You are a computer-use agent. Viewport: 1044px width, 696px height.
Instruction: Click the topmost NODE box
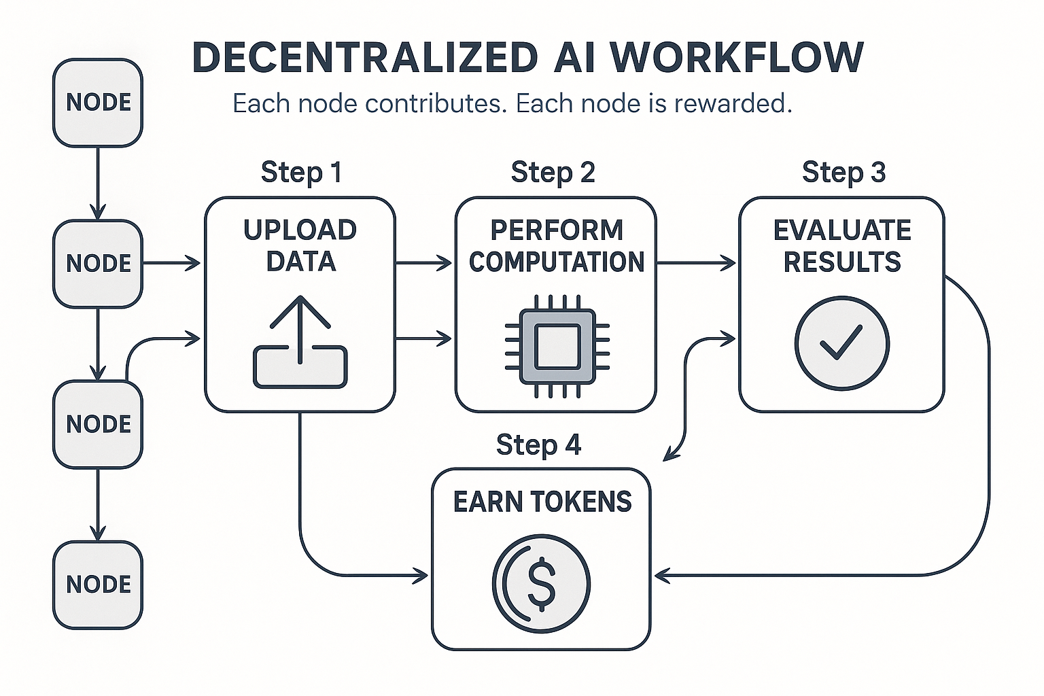coord(98,103)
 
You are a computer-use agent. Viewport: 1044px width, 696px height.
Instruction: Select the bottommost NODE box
coord(98,585)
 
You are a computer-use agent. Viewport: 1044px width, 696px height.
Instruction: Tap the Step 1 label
coord(301,173)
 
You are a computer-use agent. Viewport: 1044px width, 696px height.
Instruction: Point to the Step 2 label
coord(553,173)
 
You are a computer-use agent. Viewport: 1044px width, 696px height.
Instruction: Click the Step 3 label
coord(843,173)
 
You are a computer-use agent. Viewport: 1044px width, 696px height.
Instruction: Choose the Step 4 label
coord(538,445)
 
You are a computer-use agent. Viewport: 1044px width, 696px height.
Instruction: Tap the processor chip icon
coord(557,346)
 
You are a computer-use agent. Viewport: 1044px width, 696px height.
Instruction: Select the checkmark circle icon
coord(841,343)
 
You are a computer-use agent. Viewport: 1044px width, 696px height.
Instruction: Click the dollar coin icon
coord(541,584)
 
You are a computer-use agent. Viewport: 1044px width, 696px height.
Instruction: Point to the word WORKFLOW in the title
coord(737,58)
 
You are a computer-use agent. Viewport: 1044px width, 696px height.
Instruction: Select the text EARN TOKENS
coord(542,502)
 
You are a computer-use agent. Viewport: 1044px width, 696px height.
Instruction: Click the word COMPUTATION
coord(557,262)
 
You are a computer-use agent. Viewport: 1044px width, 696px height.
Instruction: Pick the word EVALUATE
coord(842,231)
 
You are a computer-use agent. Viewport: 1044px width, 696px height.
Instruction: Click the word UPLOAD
coord(300,231)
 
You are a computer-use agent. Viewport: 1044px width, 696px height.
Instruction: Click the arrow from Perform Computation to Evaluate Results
coord(697,263)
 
